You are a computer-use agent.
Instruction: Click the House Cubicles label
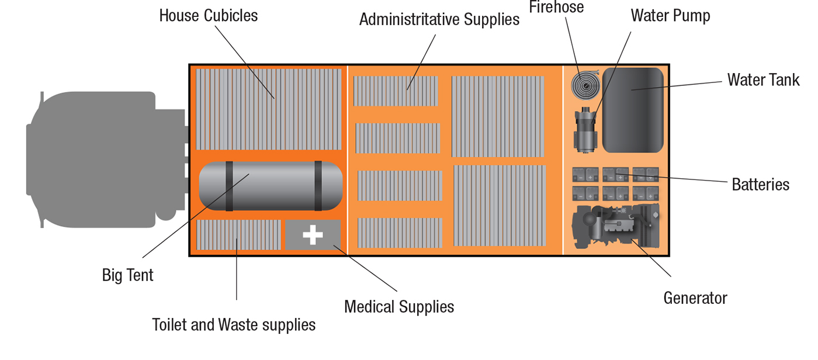[208, 15]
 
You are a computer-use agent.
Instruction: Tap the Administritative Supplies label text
[439, 19]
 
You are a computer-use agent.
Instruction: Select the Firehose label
[556, 7]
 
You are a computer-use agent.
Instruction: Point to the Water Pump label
[670, 16]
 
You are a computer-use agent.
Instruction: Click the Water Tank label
[763, 79]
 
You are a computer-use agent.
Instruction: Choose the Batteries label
[760, 185]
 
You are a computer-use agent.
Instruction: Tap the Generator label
[695, 298]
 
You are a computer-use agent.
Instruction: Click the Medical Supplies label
[398, 306]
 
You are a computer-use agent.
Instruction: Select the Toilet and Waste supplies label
[234, 324]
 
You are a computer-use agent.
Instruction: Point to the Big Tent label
[127, 275]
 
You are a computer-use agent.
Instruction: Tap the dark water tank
[633, 110]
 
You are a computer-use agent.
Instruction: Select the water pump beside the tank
[584, 130]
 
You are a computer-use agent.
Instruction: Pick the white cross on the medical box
[313, 235]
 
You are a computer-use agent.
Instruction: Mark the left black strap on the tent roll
[229, 186]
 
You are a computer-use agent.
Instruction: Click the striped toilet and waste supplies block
[238, 235]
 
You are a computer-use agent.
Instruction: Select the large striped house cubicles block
[268, 109]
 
